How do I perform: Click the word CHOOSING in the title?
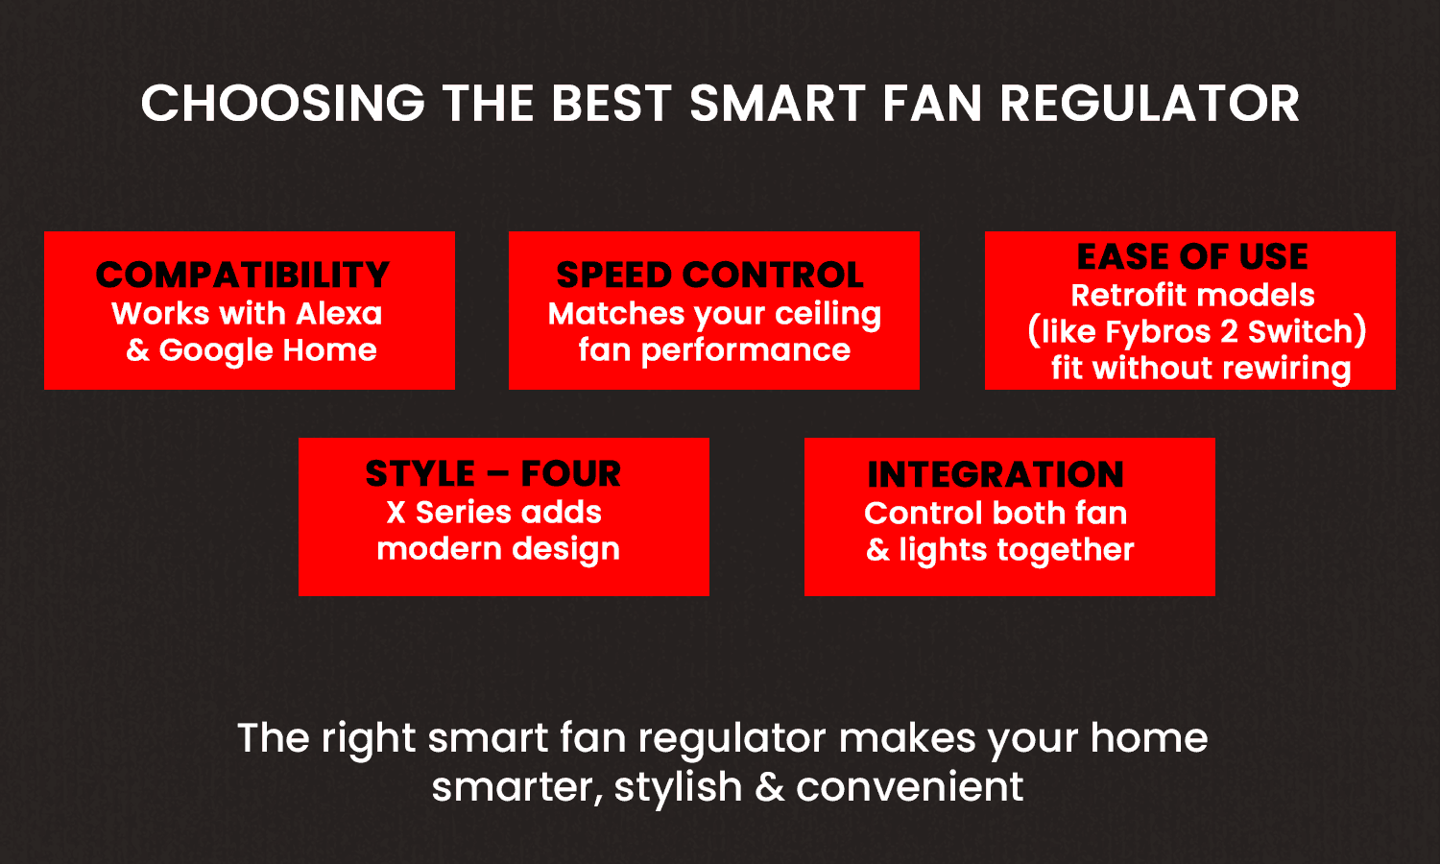pos(283,103)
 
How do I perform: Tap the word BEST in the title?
pos(612,103)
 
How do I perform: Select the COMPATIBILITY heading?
pos(243,275)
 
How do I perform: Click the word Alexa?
pos(339,314)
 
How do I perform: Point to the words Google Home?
pos(268,350)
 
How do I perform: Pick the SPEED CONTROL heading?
pos(709,275)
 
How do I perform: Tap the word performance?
pos(746,351)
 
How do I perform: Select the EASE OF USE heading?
pos(1192,256)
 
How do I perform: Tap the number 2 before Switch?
pos(1229,332)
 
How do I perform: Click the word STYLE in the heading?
pos(420,473)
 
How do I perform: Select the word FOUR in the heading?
pos(571,473)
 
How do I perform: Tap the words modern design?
pos(498,550)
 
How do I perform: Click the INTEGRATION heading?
pos(996,474)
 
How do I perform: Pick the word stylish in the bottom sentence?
pos(678,787)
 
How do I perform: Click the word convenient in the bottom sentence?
pos(910,787)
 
